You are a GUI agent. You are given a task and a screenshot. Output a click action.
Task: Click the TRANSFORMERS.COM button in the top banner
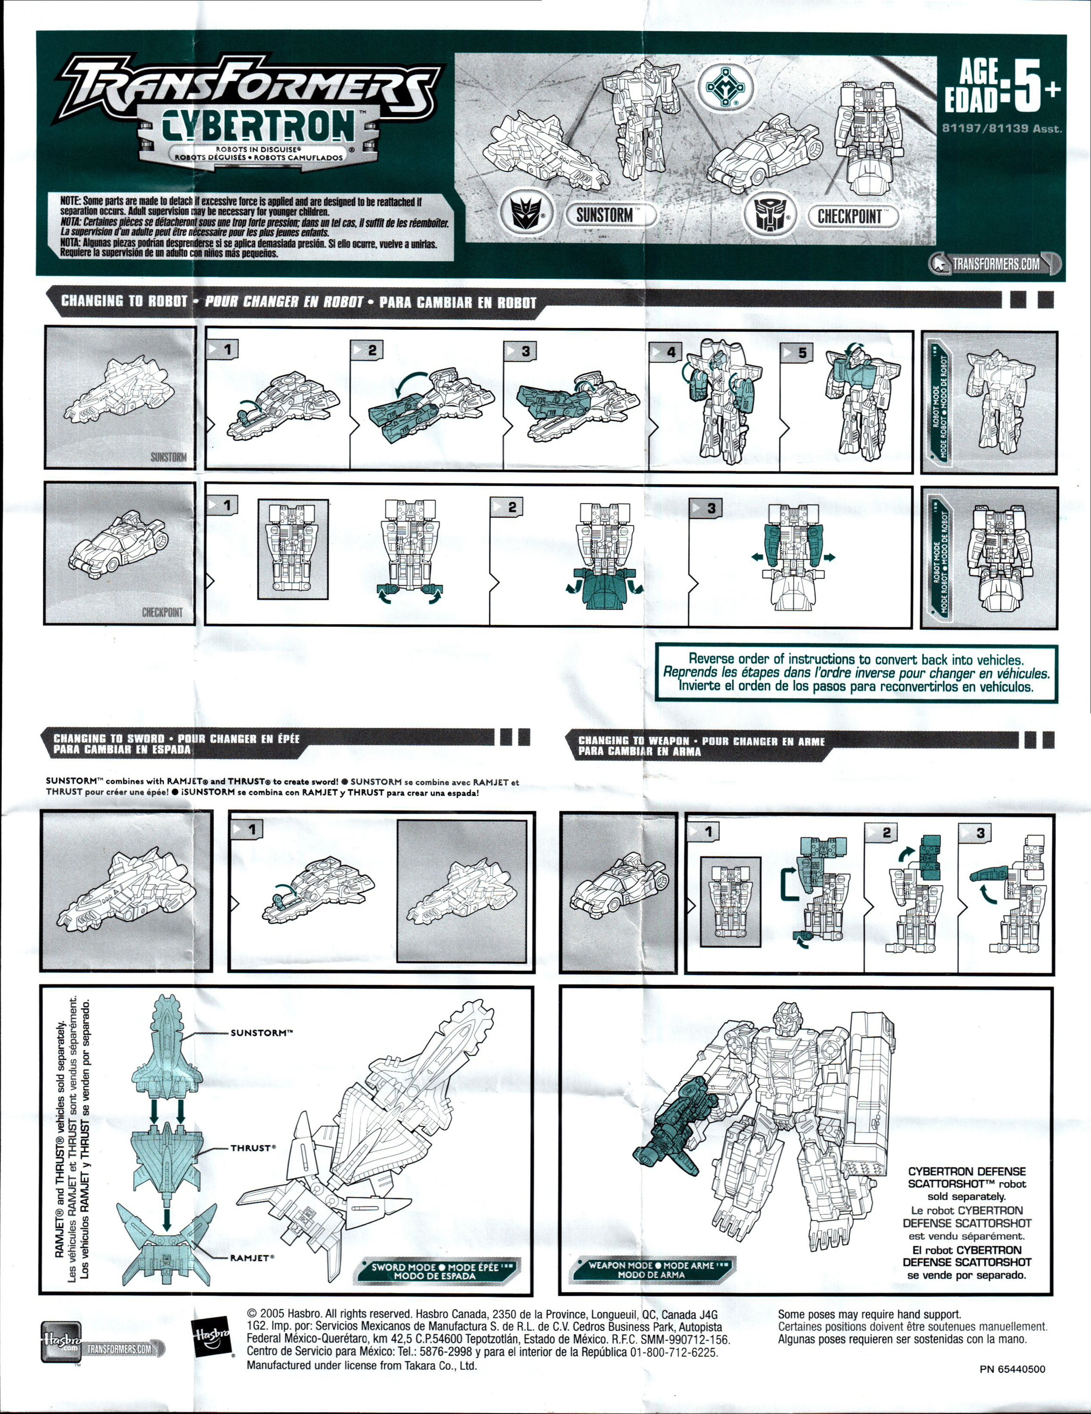pos(996,263)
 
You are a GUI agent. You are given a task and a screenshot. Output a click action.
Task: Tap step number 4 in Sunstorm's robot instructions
pos(670,352)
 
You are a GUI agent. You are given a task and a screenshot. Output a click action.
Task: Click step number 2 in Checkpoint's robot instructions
pos(512,507)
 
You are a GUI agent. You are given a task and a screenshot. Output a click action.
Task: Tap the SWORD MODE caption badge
pos(435,1271)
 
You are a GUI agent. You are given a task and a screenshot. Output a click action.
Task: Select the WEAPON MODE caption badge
pos(652,1269)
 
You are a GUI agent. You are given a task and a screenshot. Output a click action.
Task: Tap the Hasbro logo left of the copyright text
pos(212,1335)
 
